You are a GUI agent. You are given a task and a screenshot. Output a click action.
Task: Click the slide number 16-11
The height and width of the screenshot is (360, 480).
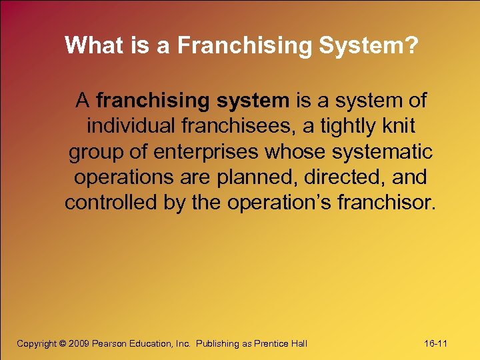(x=435, y=343)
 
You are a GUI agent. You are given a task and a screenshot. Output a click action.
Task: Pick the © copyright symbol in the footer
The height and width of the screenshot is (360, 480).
(x=63, y=343)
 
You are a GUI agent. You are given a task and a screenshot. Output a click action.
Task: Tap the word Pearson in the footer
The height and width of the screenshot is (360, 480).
(x=110, y=343)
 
